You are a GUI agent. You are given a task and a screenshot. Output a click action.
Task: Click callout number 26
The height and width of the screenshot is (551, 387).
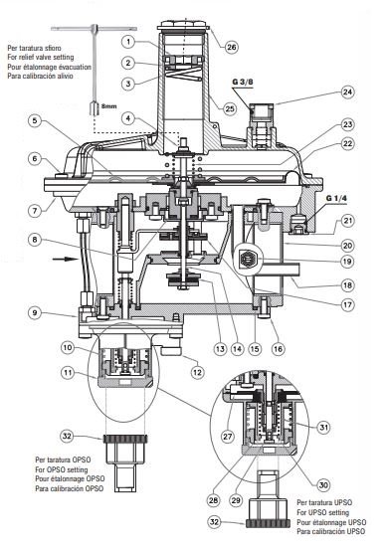tap(231, 47)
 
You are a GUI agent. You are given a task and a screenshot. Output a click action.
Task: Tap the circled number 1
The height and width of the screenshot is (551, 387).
tap(128, 42)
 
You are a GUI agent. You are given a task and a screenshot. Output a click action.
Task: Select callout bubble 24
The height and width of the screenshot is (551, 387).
tap(347, 92)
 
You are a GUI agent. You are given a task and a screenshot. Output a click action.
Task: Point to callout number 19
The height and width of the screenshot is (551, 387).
tap(347, 262)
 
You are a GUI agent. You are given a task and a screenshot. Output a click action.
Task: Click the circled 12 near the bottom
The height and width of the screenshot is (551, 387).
tap(197, 372)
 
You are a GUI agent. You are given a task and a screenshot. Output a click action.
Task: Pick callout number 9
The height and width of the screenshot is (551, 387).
tap(35, 312)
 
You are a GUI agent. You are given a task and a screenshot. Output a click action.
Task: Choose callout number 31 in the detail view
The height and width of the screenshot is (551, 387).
tap(323, 428)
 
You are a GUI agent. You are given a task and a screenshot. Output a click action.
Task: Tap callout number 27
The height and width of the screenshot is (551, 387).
tap(228, 436)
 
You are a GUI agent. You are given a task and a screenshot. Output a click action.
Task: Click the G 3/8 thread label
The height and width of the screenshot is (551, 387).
tap(243, 83)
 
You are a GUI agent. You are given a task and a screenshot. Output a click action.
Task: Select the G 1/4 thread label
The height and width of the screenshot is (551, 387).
tap(336, 198)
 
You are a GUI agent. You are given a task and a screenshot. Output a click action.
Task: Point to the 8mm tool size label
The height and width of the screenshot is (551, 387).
tap(108, 105)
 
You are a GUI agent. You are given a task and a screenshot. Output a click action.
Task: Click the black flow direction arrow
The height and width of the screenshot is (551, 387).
tap(65, 259)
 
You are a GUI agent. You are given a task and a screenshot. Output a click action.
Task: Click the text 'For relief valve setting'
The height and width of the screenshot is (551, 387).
tap(41, 58)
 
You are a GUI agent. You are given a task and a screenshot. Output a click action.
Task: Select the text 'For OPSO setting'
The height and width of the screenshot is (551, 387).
tap(62, 469)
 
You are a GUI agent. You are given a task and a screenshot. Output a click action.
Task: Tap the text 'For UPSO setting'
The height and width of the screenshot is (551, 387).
tap(322, 512)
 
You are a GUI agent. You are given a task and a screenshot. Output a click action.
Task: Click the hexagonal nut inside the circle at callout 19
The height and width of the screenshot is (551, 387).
tap(250, 260)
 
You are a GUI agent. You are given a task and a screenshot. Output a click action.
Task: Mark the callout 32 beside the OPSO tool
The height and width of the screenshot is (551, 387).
tap(67, 437)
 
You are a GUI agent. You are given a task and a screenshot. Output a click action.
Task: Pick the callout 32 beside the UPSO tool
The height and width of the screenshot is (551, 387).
tap(215, 521)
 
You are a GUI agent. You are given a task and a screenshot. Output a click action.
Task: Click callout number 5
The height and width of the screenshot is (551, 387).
tap(35, 121)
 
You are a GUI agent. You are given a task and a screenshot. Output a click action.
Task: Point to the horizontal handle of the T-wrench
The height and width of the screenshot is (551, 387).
tap(94, 29)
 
